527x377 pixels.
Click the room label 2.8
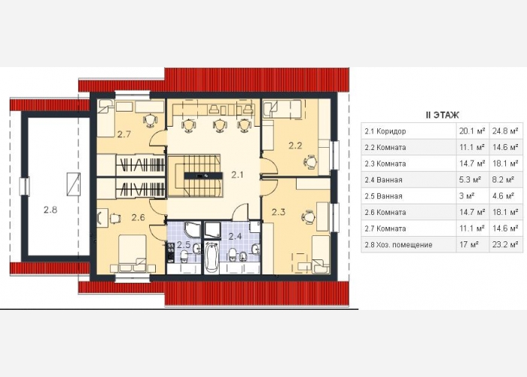coord(50,210)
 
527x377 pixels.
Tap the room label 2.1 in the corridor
coord(237,175)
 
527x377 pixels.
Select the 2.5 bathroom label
coord(184,244)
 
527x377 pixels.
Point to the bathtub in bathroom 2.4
coord(212,258)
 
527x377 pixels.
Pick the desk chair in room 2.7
coord(150,120)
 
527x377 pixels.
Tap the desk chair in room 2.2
coord(310,161)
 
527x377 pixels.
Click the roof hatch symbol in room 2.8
coord(73,184)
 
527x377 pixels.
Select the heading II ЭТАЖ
coord(442,115)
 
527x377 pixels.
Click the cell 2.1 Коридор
coord(385,131)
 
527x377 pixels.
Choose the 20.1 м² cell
coord(472,131)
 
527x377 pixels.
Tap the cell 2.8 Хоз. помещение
coord(398,245)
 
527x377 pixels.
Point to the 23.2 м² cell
coord(505,245)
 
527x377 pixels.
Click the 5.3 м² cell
coord(471,179)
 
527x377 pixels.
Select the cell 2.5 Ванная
coord(383,196)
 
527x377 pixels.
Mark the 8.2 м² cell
coord(503,179)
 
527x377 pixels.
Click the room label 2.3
coord(279,212)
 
